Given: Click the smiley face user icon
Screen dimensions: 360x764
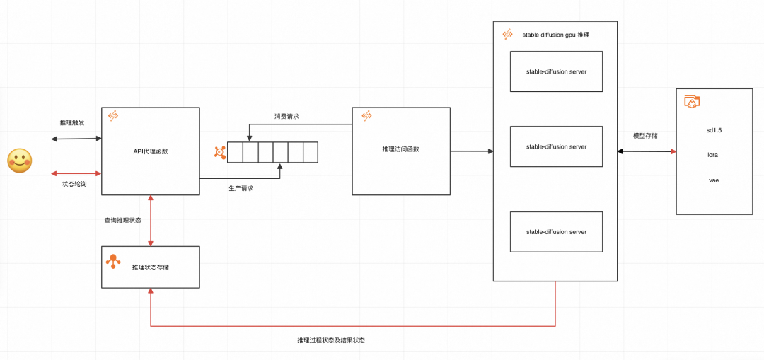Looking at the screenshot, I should point(20,161).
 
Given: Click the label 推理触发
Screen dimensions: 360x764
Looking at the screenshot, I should point(72,122).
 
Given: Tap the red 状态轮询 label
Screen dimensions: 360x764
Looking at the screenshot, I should point(74,184).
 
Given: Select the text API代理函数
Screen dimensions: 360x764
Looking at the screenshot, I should point(151,151).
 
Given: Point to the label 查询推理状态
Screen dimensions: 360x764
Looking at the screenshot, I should point(122,221).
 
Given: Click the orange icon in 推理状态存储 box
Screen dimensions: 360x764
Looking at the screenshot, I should point(112,262).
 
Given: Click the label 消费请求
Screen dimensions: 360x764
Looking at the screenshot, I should point(286,116).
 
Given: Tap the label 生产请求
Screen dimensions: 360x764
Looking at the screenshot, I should point(241,188).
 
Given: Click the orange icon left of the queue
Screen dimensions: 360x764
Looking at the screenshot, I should point(220,152).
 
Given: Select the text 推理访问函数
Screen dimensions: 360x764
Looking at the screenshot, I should point(400,149).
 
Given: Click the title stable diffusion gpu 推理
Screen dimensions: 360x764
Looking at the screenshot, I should point(555,34).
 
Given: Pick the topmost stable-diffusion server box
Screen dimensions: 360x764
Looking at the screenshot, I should point(556,71).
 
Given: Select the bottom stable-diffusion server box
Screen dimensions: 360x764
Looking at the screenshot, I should point(556,232).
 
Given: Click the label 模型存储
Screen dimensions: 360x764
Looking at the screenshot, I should point(644,135).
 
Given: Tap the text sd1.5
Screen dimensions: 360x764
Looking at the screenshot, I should point(713,130).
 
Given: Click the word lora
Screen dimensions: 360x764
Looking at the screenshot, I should point(713,154).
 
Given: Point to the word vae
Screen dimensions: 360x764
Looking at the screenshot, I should point(713,180).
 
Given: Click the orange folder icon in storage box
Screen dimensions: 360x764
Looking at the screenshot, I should point(692,102).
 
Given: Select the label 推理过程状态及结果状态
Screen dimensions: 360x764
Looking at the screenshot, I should point(331,340).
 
